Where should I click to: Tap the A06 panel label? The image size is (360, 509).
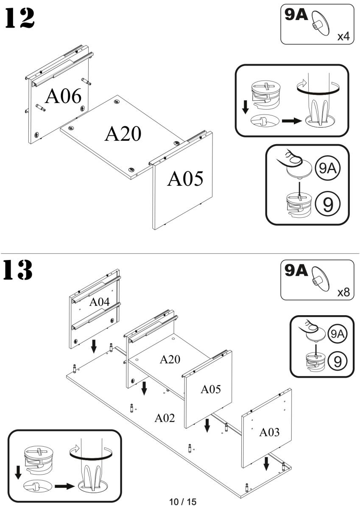[63, 96]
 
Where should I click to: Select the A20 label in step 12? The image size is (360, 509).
[123, 134]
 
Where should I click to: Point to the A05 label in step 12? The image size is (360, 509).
[185, 179]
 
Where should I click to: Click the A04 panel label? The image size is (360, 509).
[99, 302]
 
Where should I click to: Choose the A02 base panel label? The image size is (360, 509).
[165, 418]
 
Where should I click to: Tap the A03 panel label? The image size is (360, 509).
[270, 433]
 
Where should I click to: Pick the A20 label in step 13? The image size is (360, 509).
[170, 360]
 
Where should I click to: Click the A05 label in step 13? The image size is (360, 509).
[210, 389]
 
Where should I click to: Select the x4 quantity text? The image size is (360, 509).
[343, 36]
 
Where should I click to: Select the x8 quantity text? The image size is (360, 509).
[343, 293]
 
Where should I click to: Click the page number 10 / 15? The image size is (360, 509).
[183, 502]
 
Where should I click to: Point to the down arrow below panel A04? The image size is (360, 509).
[93, 346]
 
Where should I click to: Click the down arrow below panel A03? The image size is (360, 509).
[266, 463]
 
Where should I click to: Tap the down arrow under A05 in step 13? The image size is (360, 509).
[207, 425]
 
